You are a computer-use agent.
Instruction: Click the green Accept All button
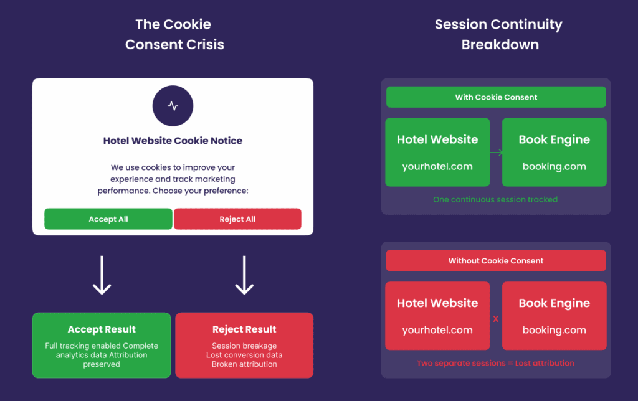point(108,219)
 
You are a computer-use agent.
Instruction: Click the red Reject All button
point(237,219)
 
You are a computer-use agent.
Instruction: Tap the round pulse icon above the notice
point(173,106)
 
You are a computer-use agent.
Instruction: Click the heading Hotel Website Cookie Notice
point(173,141)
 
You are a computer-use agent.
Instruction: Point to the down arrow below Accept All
point(102,275)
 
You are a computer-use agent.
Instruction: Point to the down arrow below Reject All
point(244,275)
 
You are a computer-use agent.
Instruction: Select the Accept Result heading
point(102,329)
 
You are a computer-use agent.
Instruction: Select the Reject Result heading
point(244,329)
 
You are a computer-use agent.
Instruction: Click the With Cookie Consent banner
point(496,97)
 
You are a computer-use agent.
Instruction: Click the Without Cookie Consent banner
point(496,261)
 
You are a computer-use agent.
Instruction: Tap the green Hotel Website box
point(437,153)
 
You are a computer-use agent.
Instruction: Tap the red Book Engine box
point(554,316)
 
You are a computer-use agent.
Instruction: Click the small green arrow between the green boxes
point(497,153)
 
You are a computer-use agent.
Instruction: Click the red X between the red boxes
point(495,319)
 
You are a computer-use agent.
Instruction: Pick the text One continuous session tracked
point(495,200)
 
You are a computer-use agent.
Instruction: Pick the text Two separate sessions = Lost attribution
point(495,363)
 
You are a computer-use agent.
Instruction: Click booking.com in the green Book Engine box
point(554,167)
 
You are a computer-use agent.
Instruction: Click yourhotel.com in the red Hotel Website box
point(437,330)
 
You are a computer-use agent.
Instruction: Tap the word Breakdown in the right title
point(500,44)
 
